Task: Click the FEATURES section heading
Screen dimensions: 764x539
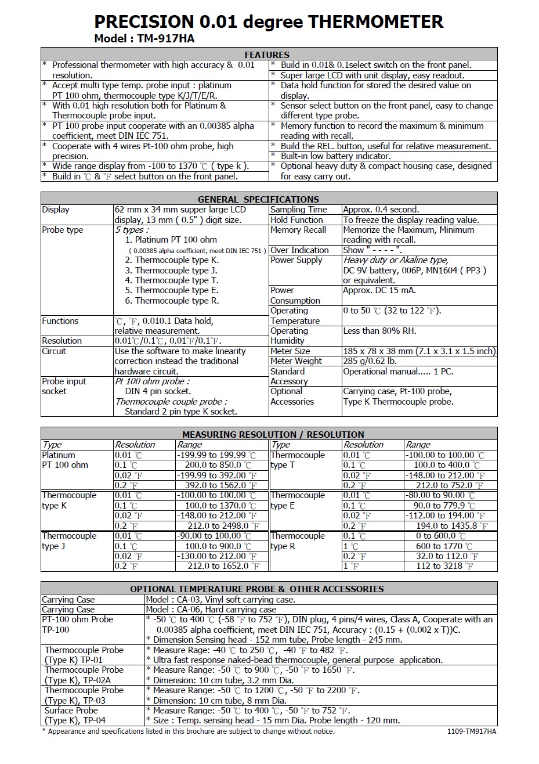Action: [x=267, y=55]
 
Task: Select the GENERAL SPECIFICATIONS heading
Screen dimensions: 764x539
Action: [x=258, y=199]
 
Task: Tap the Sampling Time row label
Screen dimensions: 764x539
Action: [x=299, y=210]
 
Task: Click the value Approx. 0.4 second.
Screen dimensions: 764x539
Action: [x=381, y=210]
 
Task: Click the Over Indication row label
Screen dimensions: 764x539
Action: [x=299, y=250]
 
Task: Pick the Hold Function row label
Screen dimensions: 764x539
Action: [x=296, y=220]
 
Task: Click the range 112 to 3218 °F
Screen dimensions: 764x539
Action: [x=444, y=566]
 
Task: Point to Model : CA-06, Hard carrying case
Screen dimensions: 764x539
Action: [x=211, y=610]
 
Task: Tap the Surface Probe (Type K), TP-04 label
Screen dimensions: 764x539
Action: [x=75, y=715]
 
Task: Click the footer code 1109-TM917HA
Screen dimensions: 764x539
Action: [x=472, y=731]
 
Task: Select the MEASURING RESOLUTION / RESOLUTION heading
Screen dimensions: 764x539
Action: [x=273, y=434]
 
